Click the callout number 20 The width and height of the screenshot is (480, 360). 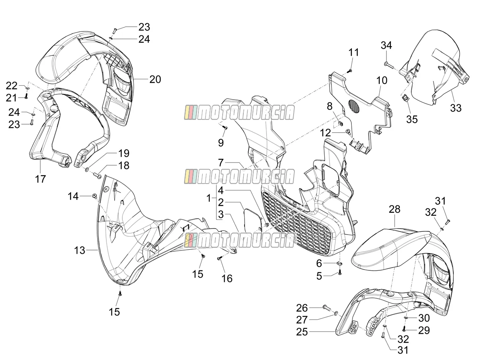[x=155, y=79]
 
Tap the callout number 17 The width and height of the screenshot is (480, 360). [x=41, y=179]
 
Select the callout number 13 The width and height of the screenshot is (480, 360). [x=80, y=250]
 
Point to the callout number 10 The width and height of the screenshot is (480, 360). [x=382, y=80]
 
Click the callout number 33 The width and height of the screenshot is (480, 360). [x=456, y=108]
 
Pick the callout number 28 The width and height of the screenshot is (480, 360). [x=394, y=209]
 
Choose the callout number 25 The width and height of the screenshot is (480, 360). [x=302, y=332]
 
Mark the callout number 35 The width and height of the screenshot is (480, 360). [x=412, y=119]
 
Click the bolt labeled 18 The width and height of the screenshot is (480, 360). [x=97, y=175]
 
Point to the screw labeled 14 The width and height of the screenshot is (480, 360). [x=95, y=196]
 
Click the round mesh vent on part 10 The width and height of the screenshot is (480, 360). [x=354, y=106]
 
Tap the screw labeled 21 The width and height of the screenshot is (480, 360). [x=26, y=96]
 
